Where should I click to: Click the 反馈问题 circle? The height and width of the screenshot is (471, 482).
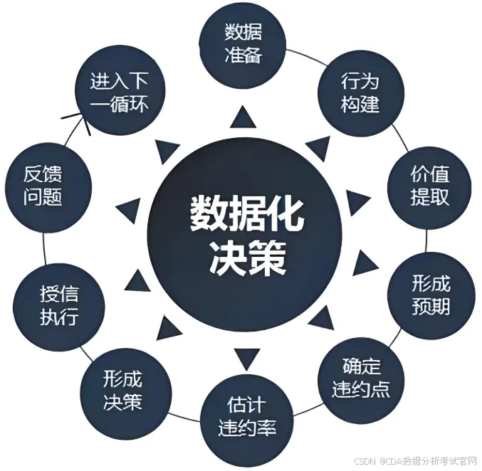pos(47,186)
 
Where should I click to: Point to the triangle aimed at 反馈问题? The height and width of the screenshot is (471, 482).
pos(128,208)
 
